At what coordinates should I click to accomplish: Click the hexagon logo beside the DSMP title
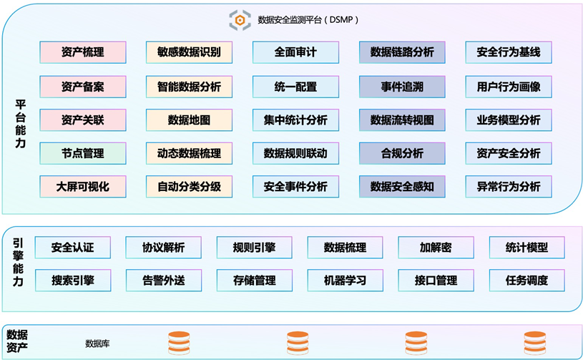(240, 20)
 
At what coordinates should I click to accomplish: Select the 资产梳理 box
(83, 52)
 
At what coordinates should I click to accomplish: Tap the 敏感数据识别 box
(189, 52)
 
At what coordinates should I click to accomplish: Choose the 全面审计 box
(295, 52)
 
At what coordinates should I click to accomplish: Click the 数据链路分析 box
(402, 52)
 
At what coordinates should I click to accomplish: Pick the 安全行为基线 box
(509, 52)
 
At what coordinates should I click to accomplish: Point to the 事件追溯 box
(402, 87)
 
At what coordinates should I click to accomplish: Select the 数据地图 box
(189, 120)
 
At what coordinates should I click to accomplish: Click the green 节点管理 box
(83, 153)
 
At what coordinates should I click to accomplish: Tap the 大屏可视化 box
(83, 187)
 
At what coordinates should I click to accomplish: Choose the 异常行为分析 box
(509, 187)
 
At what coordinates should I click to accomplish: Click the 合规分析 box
(402, 153)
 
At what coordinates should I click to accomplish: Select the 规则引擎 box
(254, 248)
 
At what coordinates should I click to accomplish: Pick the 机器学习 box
(345, 281)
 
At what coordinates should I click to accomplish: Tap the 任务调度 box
(526, 281)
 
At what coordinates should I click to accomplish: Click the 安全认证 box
(72, 248)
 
